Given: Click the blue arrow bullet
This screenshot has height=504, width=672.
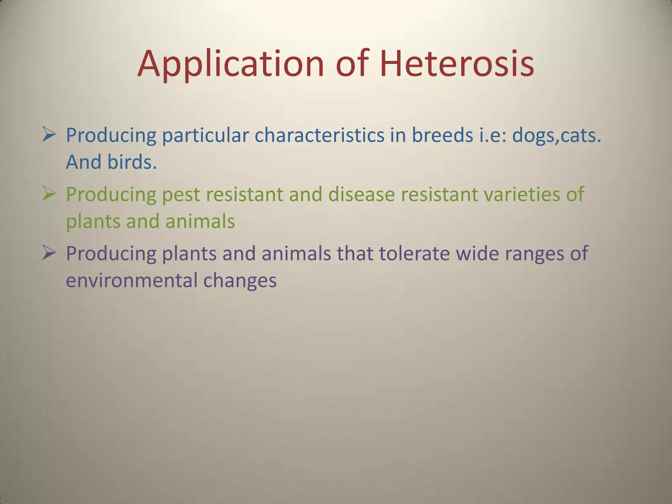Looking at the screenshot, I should [49, 135].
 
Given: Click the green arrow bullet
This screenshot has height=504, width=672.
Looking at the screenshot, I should [49, 194].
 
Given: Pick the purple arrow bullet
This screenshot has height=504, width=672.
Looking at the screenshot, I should [49, 253].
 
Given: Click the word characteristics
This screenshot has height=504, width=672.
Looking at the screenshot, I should [319, 135].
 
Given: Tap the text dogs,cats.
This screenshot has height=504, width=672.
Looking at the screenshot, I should [556, 135].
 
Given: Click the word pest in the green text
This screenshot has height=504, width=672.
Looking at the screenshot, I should [181, 195].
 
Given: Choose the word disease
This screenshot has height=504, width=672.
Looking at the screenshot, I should [361, 194].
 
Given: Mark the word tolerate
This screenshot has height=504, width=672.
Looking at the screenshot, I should [414, 254].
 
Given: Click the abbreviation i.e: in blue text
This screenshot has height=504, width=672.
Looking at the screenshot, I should [492, 135].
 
